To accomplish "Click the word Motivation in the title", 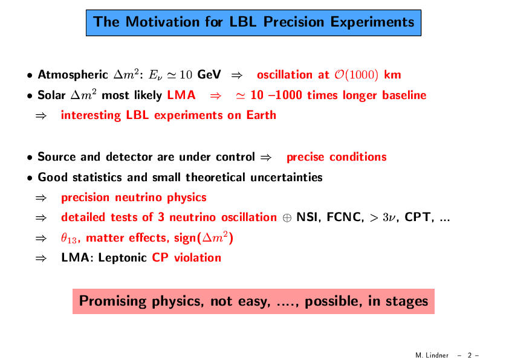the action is click(162, 22).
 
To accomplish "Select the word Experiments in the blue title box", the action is click(372, 23).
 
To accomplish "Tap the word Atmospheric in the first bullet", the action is click(73, 75).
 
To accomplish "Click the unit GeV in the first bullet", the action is click(209, 74).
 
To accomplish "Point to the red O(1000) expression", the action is click(357, 75).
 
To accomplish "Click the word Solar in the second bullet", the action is click(51, 95).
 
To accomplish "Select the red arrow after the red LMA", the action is click(216, 95).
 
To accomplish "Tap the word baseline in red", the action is click(404, 95).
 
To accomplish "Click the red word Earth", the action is click(261, 115).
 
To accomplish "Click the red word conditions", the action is click(358, 157).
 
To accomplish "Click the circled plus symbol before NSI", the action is click(287, 218).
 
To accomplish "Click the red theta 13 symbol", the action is click(69, 239).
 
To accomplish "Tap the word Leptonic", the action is click(123, 258).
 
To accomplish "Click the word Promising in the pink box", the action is click(113, 301).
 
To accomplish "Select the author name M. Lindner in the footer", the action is click(432, 355).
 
